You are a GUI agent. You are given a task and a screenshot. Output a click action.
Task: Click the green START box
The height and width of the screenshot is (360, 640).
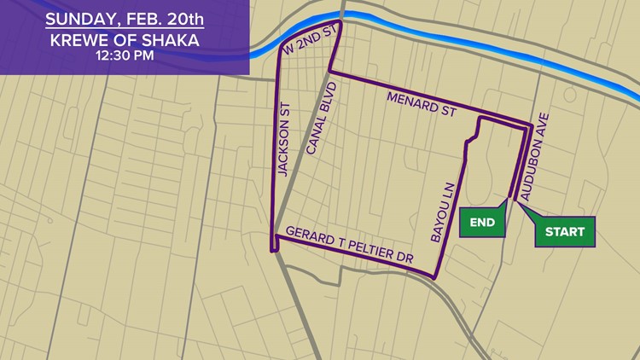564,232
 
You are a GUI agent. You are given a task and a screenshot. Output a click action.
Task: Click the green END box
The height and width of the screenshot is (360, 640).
482,223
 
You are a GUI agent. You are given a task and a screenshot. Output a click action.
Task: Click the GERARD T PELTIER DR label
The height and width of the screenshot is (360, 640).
347,242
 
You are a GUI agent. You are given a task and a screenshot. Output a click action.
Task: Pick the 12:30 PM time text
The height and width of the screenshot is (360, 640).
125,58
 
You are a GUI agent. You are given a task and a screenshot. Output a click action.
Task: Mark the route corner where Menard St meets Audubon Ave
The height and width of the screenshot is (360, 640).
531,126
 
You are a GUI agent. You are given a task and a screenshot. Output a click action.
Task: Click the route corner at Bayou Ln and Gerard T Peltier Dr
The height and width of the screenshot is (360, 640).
438,278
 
